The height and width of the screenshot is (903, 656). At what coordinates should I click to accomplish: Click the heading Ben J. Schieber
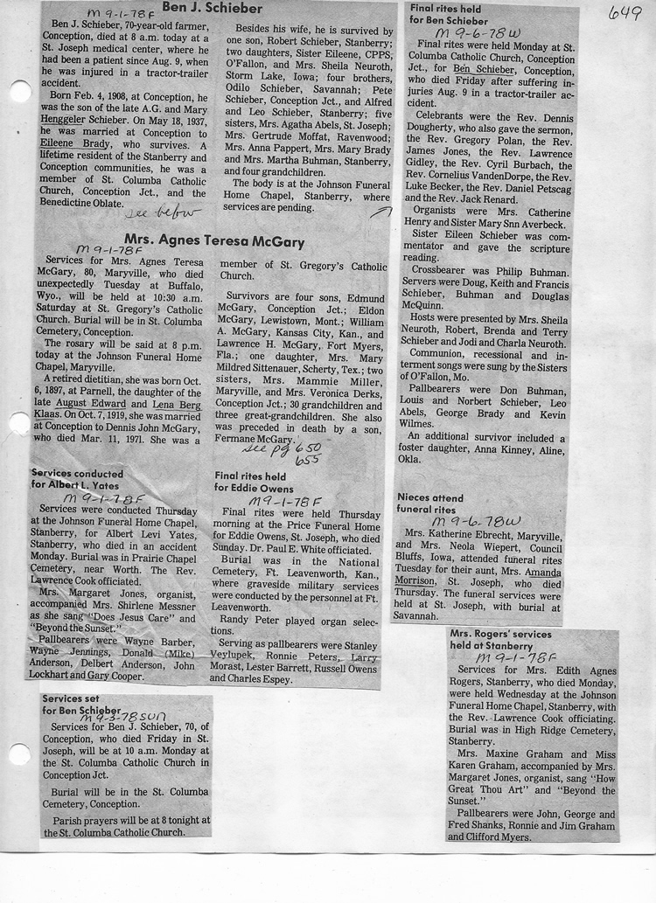(x=213, y=9)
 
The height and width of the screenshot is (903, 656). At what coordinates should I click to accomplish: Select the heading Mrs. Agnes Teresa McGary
(x=214, y=241)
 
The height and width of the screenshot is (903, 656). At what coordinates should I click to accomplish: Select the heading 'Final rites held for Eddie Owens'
(x=255, y=482)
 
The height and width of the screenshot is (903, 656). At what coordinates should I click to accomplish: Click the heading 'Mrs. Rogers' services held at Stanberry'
(x=500, y=640)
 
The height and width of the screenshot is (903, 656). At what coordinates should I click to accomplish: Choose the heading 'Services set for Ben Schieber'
(x=81, y=705)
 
